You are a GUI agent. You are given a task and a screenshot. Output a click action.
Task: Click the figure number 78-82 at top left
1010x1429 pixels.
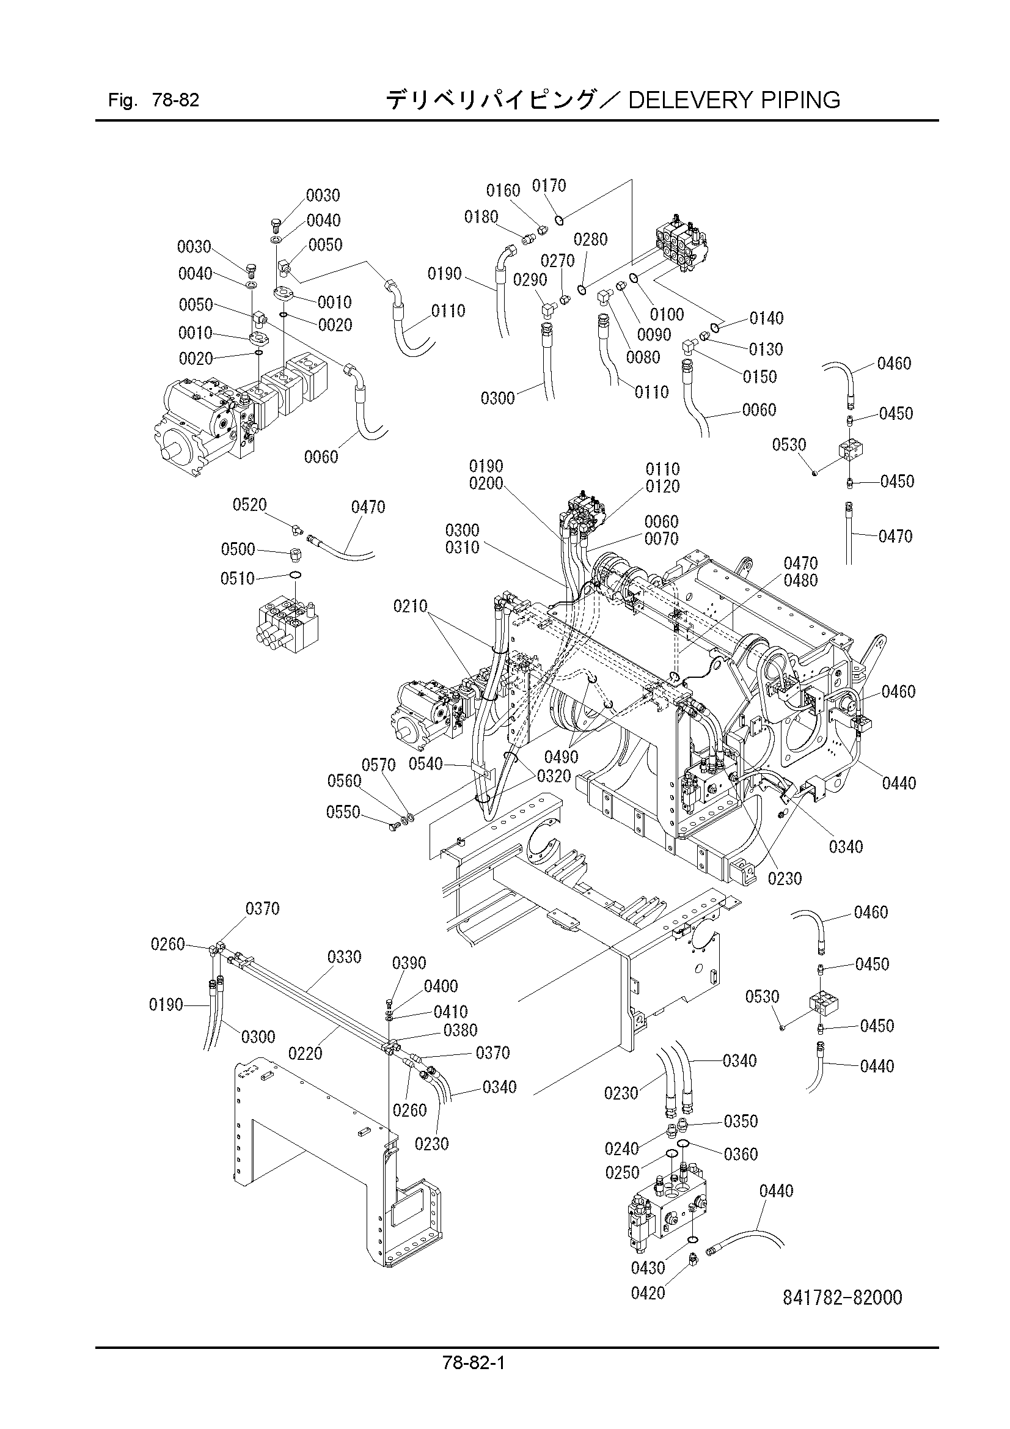point(175,100)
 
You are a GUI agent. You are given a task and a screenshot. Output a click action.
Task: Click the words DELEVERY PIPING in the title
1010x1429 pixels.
point(734,100)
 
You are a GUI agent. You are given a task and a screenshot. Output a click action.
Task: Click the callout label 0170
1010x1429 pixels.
point(549,185)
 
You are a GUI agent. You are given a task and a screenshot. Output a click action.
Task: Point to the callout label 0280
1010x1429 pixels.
point(591,239)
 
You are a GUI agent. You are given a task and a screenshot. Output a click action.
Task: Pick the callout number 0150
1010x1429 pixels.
point(760,377)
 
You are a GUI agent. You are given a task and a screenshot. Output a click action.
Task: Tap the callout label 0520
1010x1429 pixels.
point(249,504)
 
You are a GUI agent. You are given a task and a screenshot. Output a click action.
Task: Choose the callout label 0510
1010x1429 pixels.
point(238,579)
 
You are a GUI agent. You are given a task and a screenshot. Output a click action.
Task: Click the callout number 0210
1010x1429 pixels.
point(410,605)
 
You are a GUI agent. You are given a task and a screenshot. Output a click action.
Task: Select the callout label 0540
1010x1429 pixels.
point(426,763)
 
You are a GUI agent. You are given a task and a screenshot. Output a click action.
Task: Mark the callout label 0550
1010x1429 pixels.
point(343,812)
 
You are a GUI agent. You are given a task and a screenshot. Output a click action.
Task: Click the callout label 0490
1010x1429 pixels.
point(562,757)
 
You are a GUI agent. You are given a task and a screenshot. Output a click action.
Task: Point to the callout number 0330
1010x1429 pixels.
point(344,957)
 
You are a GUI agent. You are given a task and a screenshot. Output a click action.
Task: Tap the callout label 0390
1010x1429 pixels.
point(409,963)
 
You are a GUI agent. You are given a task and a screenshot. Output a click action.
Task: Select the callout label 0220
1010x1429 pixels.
point(306,1053)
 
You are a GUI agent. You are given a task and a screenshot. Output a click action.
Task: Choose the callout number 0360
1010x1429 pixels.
point(741,1154)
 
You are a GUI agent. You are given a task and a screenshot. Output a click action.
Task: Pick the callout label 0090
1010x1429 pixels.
point(654,335)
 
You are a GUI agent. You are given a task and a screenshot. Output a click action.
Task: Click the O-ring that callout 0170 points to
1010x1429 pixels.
point(560,219)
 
